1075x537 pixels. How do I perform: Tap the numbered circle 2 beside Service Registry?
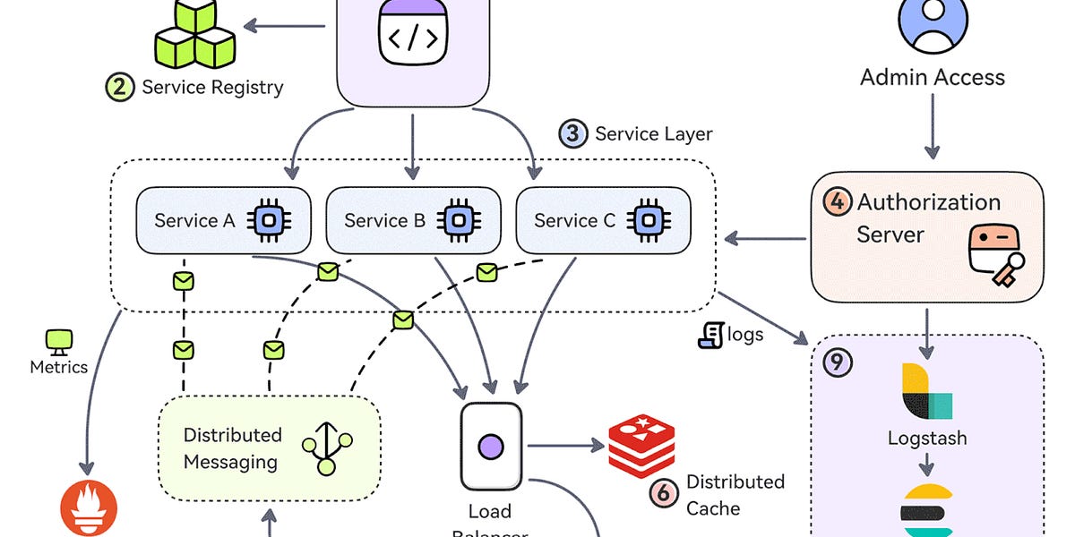[120, 88]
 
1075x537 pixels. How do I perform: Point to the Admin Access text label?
[933, 77]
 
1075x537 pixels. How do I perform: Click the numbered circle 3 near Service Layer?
[573, 134]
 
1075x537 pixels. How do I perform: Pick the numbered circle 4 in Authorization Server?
[837, 202]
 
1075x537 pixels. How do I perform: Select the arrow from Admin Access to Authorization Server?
[932, 125]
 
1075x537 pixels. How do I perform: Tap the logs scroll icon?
[710, 336]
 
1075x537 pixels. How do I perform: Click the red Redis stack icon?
[641, 446]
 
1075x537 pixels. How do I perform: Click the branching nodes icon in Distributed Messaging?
[326, 447]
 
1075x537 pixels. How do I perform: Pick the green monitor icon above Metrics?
[59, 340]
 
